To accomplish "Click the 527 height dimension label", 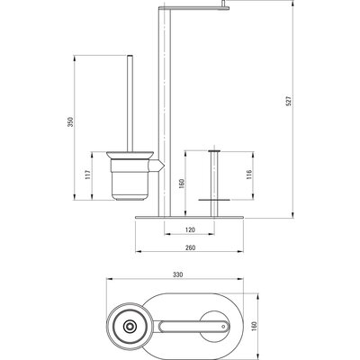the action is (x=289, y=101).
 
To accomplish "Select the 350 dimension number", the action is (x=70, y=121).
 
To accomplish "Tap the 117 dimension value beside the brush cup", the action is (x=87, y=175).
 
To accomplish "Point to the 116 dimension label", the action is (x=249, y=175).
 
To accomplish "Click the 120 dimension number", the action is (x=191, y=230).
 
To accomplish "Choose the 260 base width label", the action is (x=191, y=247).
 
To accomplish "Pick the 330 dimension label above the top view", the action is (x=177, y=274).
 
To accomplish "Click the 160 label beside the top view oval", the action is (x=254, y=326).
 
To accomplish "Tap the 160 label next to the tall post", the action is (x=181, y=184).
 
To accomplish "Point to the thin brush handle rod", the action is (x=130, y=103).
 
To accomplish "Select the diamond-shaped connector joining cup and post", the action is (x=159, y=166).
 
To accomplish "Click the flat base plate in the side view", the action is (x=190, y=217).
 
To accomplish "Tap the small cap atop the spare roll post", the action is (x=214, y=150).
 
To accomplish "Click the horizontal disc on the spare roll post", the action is (x=214, y=200).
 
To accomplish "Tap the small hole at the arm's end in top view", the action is (x=223, y=327).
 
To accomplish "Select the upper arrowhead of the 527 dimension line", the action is (x=293, y=3).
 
